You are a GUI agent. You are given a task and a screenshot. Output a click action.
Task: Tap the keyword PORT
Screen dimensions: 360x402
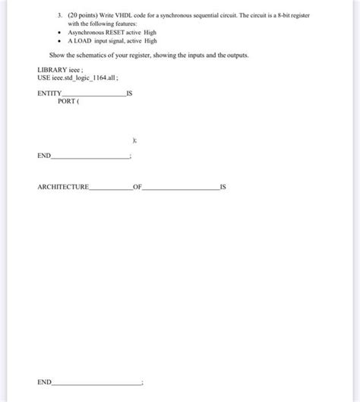[67, 101]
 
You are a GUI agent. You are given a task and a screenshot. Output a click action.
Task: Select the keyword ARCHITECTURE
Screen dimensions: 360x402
[62, 186]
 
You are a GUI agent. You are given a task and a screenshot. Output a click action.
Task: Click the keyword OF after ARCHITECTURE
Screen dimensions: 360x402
[137, 186]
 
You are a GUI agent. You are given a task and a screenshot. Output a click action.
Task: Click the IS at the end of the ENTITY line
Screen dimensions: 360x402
[130, 93]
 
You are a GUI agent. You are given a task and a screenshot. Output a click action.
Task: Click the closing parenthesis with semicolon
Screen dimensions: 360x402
[134, 140]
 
